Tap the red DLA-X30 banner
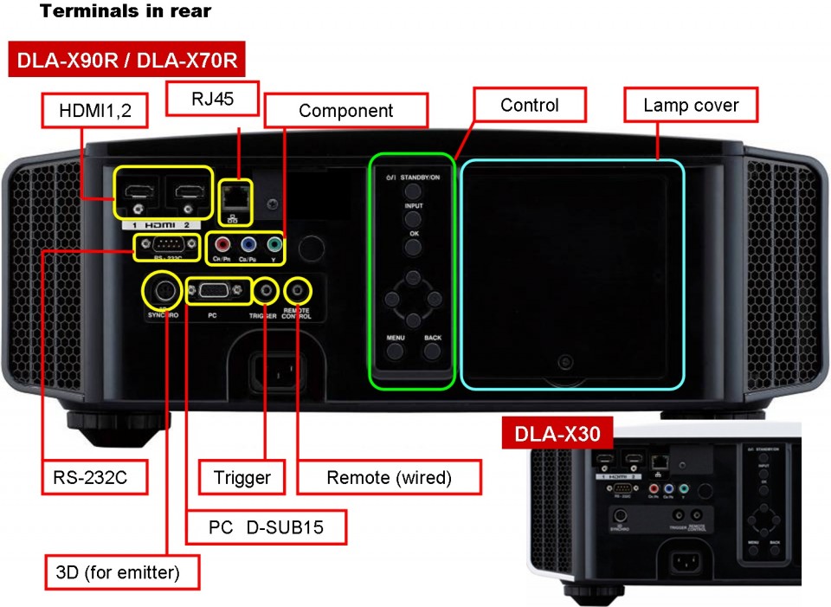(x=557, y=434)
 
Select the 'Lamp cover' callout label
(x=691, y=106)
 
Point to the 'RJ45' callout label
(x=213, y=99)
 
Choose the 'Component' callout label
(x=346, y=111)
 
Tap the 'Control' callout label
(x=530, y=106)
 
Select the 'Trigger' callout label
(x=242, y=477)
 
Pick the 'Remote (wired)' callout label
(x=390, y=477)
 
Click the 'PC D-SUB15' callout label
(x=266, y=526)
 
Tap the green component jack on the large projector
(x=274, y=245)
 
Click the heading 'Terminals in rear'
(x=126, y=12)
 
